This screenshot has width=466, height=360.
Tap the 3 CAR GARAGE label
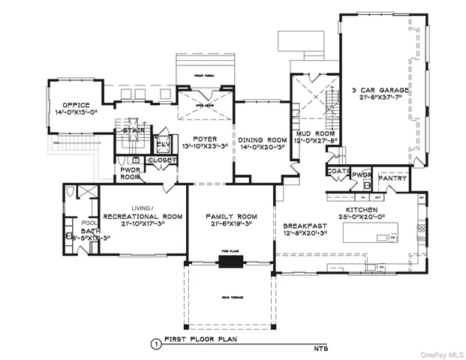click(380, 91)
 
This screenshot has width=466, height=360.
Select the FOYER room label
click(206, 138)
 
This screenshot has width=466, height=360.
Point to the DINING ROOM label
click(263, 140)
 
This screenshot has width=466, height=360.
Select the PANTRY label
click(392, 179)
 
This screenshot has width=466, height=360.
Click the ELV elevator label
click(162, 143)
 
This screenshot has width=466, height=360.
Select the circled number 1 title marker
click(155, 345)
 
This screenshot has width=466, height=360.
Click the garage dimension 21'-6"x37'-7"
click(381, 98)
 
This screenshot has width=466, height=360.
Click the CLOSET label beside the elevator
click(161, 160)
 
